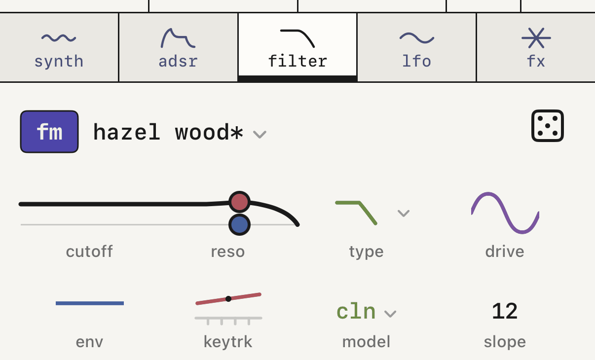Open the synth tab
click(x=59, y=47)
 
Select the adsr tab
click(x=178, y=47)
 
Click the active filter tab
click(x=297, y=47)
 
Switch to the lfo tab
click(x=416, y=47)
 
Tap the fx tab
click(x=536, y=47)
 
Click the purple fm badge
click(x=49, y=132)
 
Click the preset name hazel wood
click(x=168, y=132)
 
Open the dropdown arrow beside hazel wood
click(x=260, y=134)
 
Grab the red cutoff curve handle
click(x=239, y=202)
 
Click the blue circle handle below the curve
click(x=239, y=224)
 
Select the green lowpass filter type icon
click(x=356, y=213)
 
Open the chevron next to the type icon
click(x=404, y=213)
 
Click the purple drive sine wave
click(x=505, y=213)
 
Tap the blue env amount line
click(x=90, y=303)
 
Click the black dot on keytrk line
click(x=228, y=299)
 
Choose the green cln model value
click(x=356, y=311)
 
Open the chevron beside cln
click(x=390, y=314)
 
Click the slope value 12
click(x=505, y=311)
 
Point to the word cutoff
click(x=89, y=251)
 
